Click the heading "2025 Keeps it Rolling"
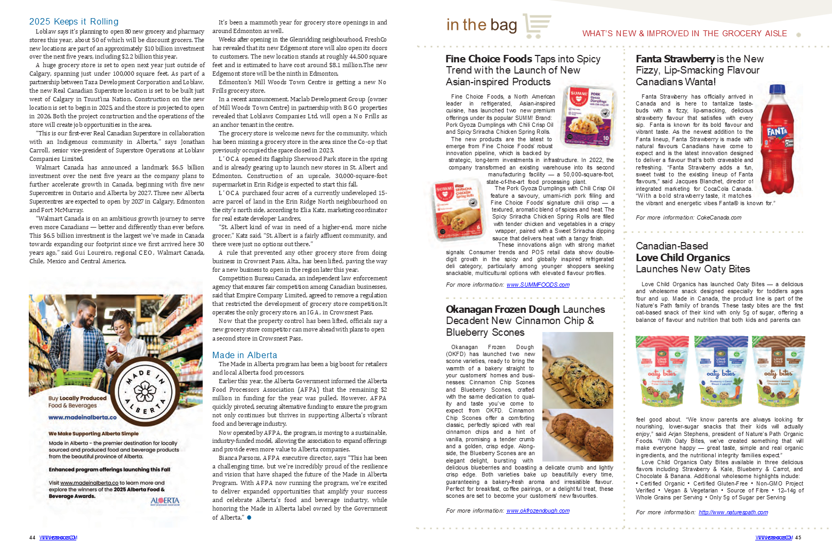pyautogui.click(x=74, y=21)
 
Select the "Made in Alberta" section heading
pyautogui.click(x=244, y=355)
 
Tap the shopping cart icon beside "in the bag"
pyautogui.click(x=537, y=26)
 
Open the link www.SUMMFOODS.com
pyautogui.click(x=538, y=285)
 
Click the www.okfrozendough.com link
pyautogui.click(x=538, y=511)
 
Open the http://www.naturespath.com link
pyautogui.click(x=733, y=512)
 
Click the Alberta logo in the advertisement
pyautogui.click(x=165, y=501)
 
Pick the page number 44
pyautogui.click(x=32, y=537)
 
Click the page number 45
pyautogui.click(x=798, y=537)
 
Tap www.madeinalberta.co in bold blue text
pyautogui.click(x=82, y=417)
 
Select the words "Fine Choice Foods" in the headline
pyautogui.click(x=489, y=59)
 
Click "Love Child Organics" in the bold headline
pyautogui.click(x=683, y=257)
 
